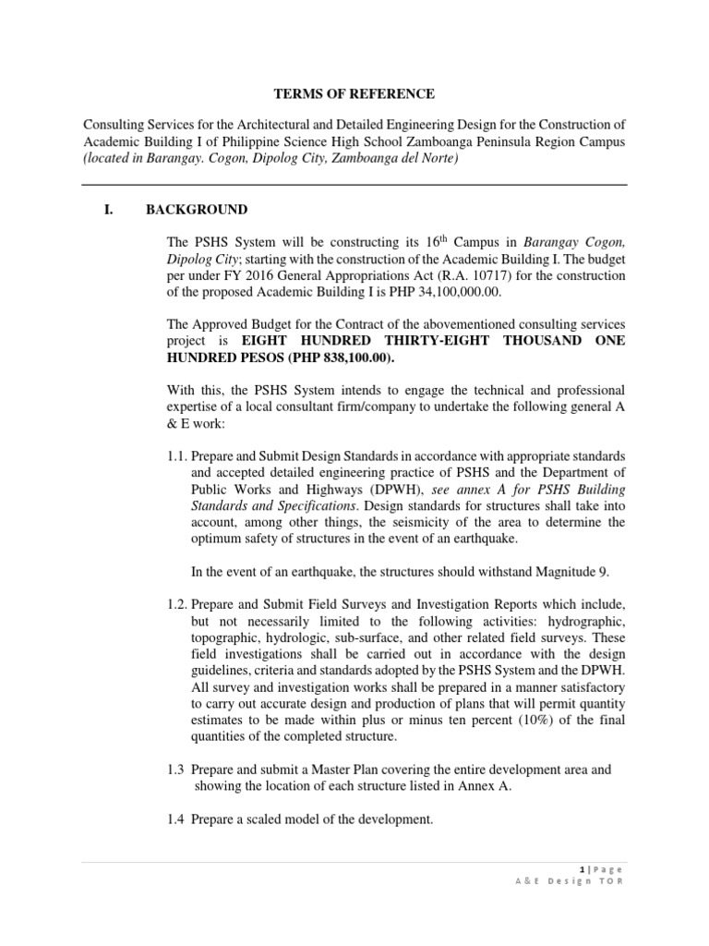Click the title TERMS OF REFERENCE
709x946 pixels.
coord(354,94)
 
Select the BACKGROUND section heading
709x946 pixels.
coord(196,210)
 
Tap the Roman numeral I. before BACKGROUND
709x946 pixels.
coord(108,210)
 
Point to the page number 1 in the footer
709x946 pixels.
coord(583,869)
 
